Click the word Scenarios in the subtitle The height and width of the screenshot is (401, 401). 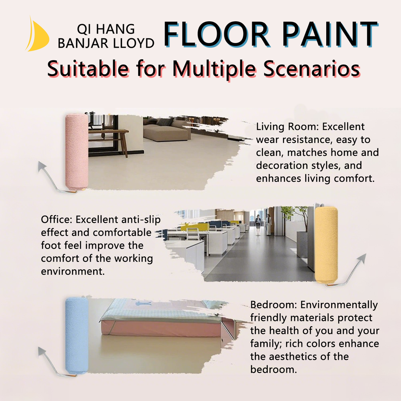312,69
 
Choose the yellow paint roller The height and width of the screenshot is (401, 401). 326,245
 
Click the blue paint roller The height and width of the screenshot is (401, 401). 76,335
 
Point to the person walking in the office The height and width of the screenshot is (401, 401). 258,225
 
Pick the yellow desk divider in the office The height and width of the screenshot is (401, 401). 194,226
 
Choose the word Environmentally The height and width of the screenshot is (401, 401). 339,305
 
